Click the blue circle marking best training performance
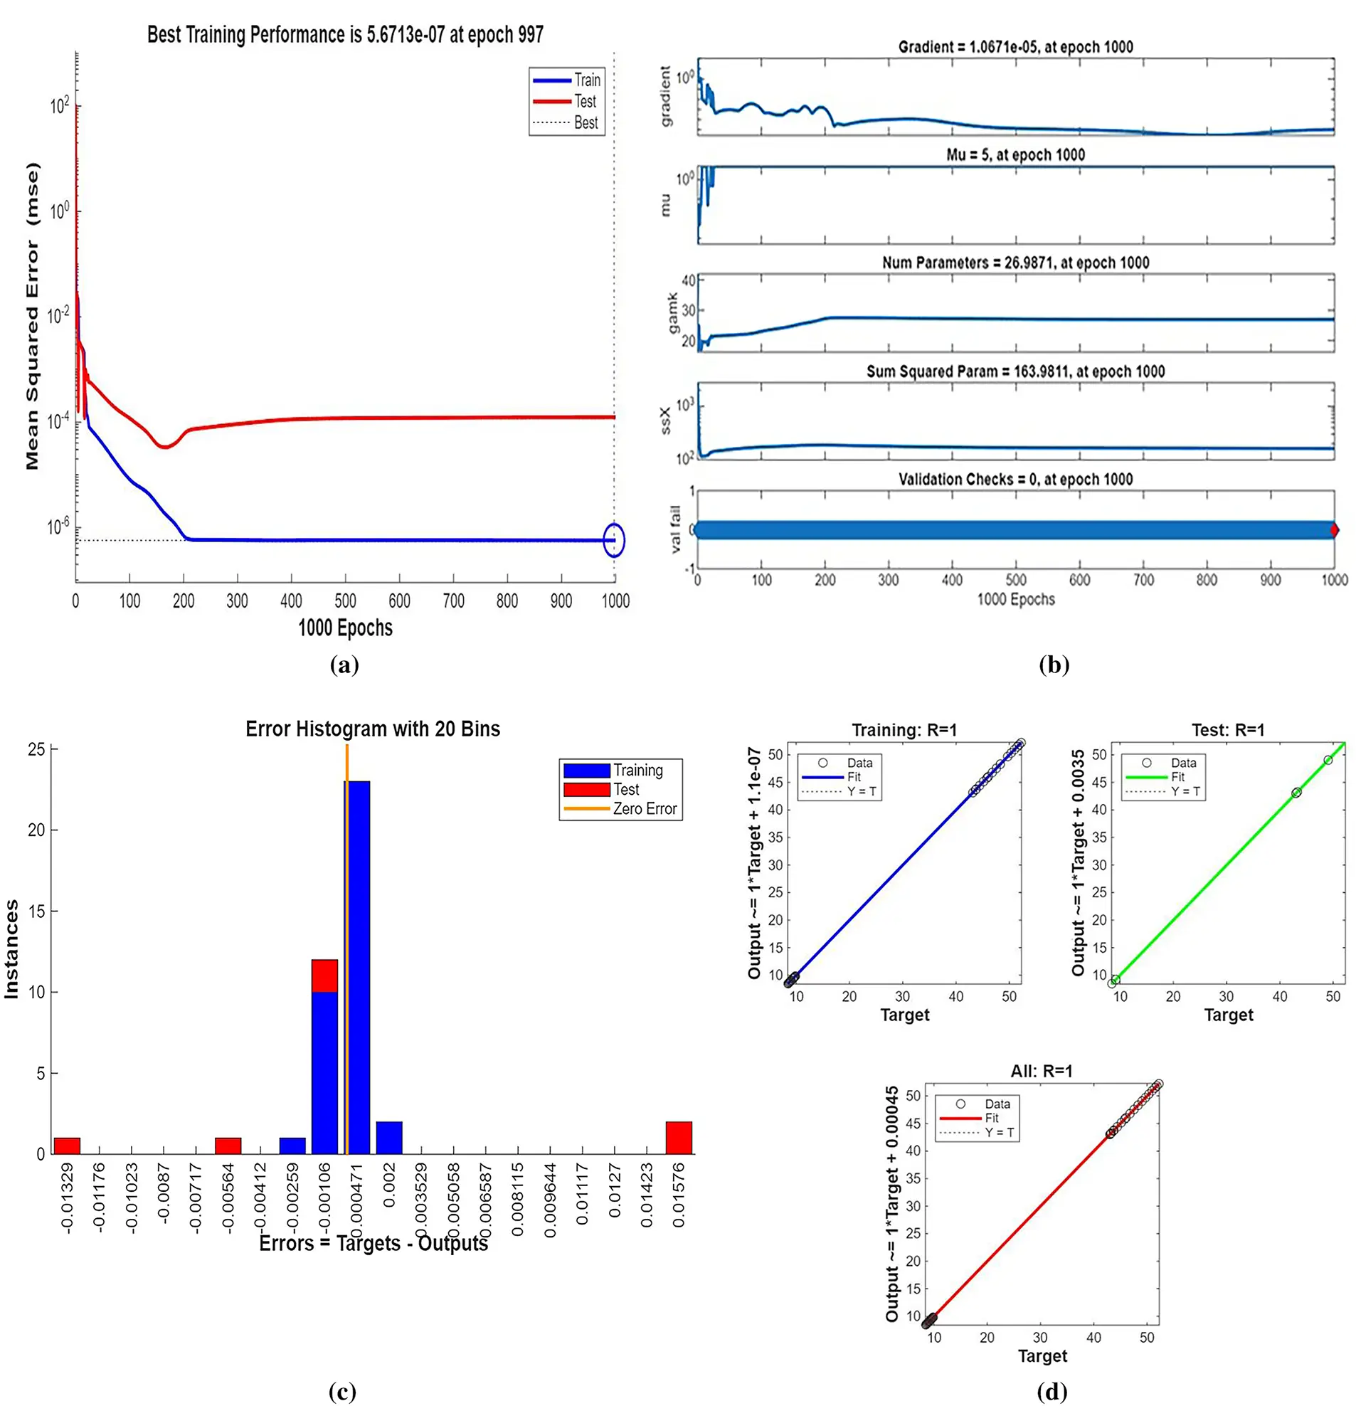[x=614, y=540]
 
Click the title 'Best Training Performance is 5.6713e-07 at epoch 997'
[x=345, y=34]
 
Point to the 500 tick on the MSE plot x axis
[x=345, y=601]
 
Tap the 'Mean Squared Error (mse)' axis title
[x=32, y=316]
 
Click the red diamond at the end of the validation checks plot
[x=1334, y=530]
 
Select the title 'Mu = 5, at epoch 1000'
[x=1015, y=155]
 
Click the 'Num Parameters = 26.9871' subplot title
[x=1015, y=263]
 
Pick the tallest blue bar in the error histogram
[x=357, y=968]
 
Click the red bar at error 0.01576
[x=679, y=1138]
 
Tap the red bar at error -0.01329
[x=67, y=1146]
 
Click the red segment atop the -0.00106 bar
[x=325, y=976]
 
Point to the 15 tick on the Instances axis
[x=36, y=911]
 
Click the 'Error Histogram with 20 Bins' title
[x=372, y=729]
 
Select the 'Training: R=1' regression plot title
[x=904, y=730]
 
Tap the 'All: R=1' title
[x=1042, y=1071]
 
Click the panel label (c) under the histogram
[x=342, y=1392]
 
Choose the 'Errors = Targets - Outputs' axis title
[x=373, y=1243]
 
